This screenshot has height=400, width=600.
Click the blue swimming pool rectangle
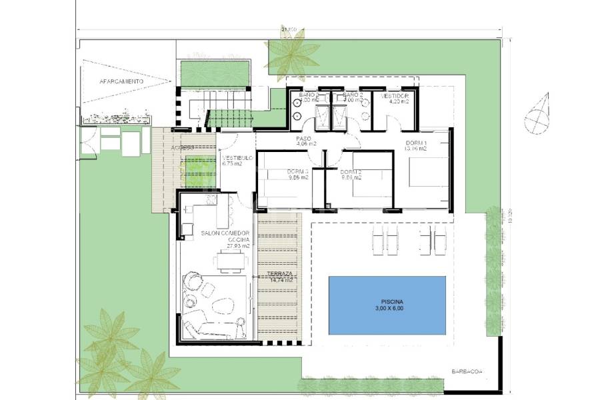click(x=387, y=305)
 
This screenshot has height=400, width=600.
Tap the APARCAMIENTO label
click(x=121, y=81)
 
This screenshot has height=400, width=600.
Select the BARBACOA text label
click(x=465, y=372)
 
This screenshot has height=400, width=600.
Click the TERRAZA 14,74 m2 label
click(x=281, y=277)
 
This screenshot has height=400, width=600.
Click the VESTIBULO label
click(x=236, y=159)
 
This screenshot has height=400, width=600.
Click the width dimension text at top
click(x=289, y=29)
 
